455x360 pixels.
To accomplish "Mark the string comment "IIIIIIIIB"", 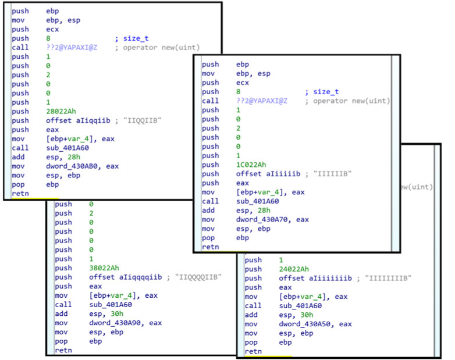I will coord(389,279).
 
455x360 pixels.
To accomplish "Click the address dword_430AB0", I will coord(75,166).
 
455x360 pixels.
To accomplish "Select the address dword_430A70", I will coord(265,220).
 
